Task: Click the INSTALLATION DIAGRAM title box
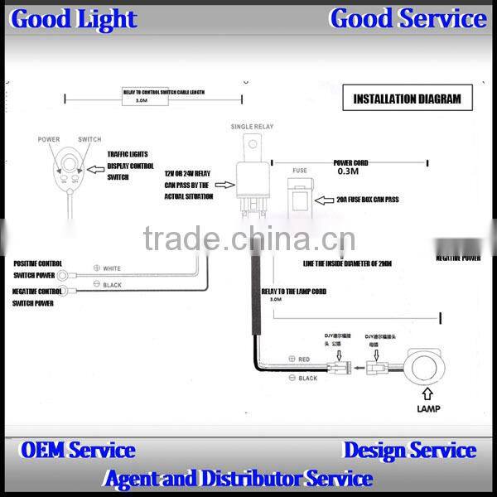[x=408, y=99]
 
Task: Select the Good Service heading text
[x=408, y=18]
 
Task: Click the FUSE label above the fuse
[x=299, y=170]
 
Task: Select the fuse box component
[x=299, y=198]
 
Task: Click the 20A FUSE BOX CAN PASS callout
[x=367, y=200]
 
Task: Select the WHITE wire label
[x=111, y=268]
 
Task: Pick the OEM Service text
[x=77, y=451]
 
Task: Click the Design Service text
[x=409, y=451]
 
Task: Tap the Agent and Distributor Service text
[x=238, y=478]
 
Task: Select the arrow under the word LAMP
[x=427, y=395]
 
